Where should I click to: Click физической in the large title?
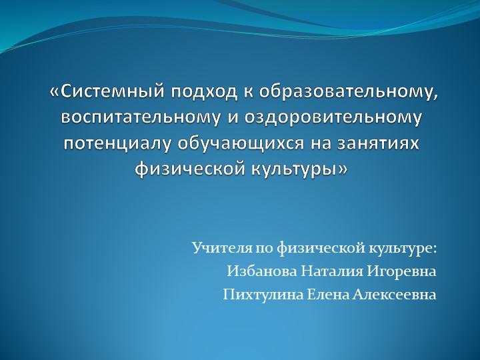[x=190, y=169]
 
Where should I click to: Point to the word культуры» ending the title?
[x=299, y=169]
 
